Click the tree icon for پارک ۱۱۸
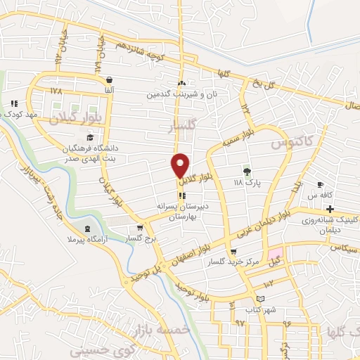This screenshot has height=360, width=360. coord(246,171)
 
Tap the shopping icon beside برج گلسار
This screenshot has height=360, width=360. coord(140,228)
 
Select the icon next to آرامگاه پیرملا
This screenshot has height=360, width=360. coord(86,229)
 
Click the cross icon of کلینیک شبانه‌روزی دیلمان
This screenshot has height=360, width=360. coord(330,209)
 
